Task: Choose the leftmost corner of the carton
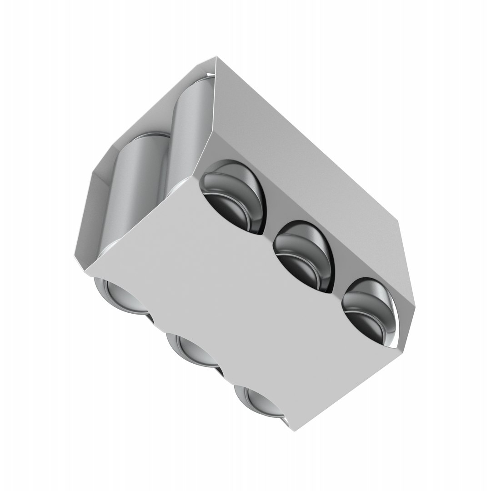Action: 74,255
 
